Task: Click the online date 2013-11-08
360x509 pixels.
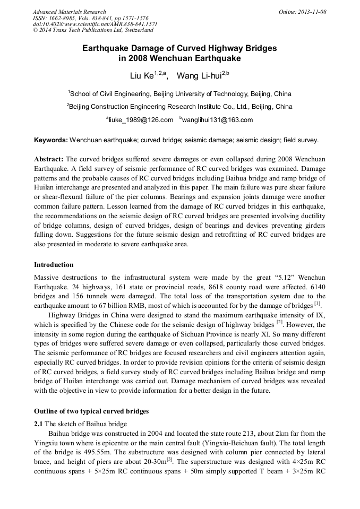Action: pyautogui.click(x=312, y=12)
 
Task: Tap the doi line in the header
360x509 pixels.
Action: pyautogui.click(x=95, y=24)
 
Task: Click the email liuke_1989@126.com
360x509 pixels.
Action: pyautogui.click(x=141, y=120)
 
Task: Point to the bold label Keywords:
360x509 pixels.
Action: pyautogui.click(x=51, y=141)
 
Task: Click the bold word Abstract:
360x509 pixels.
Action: pyautogui.click(x=49, y=159)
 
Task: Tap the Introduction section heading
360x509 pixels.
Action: pyautogui.click(x=54, y=265)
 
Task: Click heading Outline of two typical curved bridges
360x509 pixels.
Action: pyautogui.click(x=91, y=411)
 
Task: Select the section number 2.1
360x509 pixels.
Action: pyautogui.click(x=39, y=424)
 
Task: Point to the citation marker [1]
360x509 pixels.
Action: pyautogui.click(x=317, y=304)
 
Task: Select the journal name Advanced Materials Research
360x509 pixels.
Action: pyautogui.click(x=69, y=12)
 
